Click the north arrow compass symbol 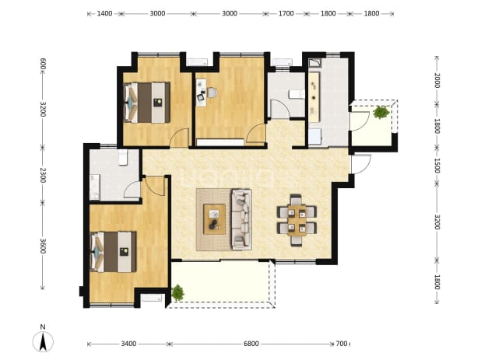point(43,341)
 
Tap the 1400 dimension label point(104,13)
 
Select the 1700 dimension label point(286,13)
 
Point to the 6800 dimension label point(251,344)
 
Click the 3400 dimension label point(128,344)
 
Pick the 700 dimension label point(342,344)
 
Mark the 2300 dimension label point(43,175)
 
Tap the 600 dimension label point(43,64)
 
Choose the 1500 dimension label point(437,166)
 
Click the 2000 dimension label point(437,81)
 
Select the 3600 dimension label point(43,246)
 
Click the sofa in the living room point(241,219)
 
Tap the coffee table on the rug point(214,219)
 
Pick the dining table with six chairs point(297,220)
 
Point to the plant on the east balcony point(381,113)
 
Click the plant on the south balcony point(177,292)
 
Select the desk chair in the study point(212,93)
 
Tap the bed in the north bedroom point(146,103)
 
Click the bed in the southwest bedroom point(113,252)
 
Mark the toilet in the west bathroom point(123,158)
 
